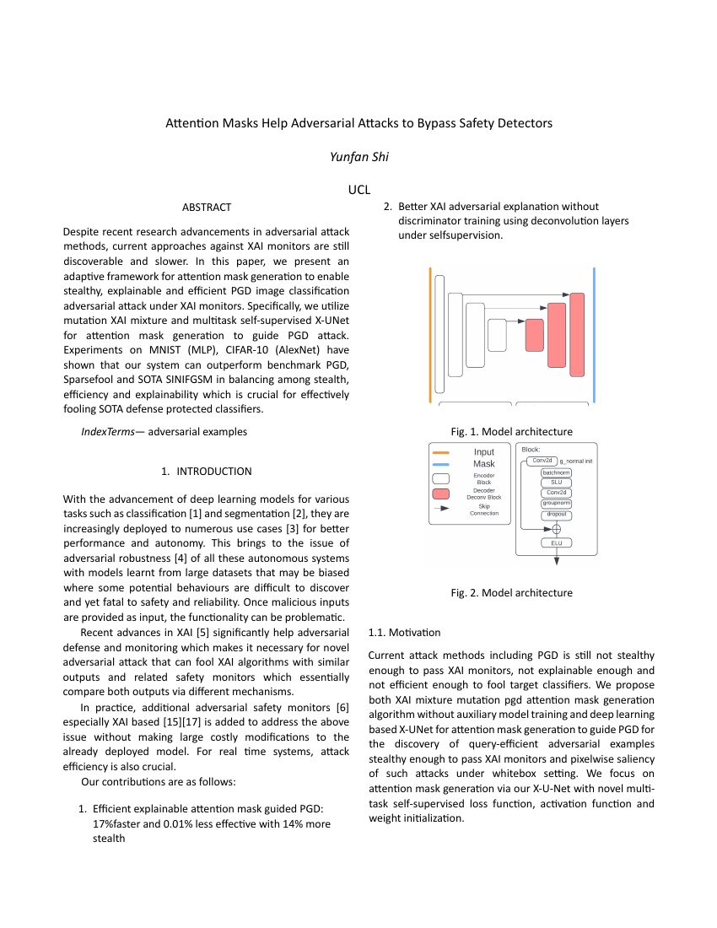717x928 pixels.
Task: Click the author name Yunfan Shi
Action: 358,157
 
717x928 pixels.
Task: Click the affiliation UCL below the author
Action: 359,190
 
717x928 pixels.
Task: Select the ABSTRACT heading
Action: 207,207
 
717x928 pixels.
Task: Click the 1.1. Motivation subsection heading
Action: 404,632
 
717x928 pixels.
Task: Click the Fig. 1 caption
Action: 511,432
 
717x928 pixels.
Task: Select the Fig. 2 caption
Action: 511,593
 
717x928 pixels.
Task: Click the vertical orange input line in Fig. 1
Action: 430,335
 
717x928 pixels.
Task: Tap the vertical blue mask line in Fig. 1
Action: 594,335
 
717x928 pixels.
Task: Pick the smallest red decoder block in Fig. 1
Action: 535,335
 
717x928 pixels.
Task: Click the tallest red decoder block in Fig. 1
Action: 577,334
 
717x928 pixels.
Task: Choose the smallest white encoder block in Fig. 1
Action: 497,335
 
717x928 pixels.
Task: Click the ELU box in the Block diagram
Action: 556,543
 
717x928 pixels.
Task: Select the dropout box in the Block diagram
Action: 556,515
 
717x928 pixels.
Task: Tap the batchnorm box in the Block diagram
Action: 556,472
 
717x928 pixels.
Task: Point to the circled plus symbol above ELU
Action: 556,529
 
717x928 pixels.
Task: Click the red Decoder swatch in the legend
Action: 440,494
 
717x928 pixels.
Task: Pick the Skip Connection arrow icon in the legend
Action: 440,510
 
